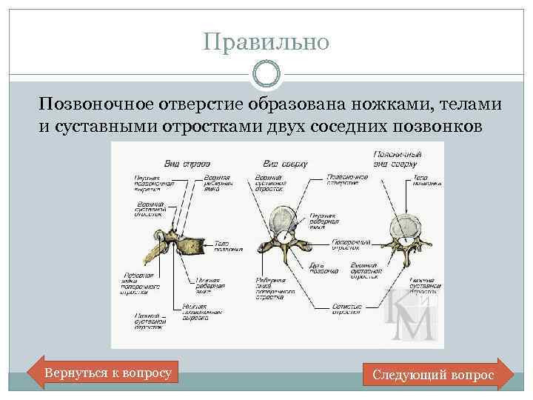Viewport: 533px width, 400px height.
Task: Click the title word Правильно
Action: (266, 41)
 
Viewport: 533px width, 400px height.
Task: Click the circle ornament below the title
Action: (266, 74)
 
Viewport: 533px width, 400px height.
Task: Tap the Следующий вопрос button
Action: (433, 375)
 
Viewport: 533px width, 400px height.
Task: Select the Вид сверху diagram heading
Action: (285, 162)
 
